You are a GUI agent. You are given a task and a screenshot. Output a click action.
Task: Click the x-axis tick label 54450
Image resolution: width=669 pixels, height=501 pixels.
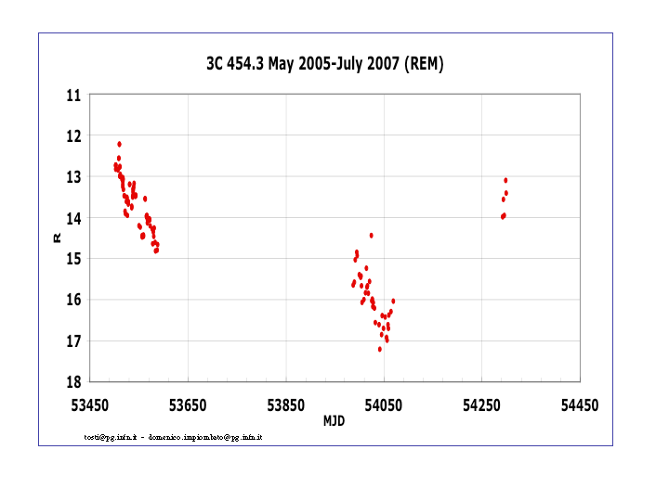click(579, 405)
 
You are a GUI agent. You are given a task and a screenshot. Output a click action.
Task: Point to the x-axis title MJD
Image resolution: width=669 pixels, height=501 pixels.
click(334, 420)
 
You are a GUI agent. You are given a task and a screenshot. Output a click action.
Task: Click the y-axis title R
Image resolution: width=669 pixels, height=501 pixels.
click(58, 238)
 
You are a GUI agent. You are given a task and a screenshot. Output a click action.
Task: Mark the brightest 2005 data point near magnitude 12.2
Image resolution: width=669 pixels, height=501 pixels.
click(120, 145)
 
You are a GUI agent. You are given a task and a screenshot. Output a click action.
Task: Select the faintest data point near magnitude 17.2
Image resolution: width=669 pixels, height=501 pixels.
click(380, 349)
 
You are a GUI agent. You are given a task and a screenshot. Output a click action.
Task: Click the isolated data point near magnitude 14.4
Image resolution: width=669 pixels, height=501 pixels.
click(372, 236)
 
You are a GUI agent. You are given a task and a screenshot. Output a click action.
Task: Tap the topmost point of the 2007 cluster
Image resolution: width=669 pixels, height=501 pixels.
click(505, 180)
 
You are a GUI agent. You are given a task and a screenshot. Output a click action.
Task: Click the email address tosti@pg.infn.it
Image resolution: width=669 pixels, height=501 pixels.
click(111, 437)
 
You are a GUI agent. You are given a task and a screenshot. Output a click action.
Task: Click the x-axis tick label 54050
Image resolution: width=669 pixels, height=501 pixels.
click(383, 405)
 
